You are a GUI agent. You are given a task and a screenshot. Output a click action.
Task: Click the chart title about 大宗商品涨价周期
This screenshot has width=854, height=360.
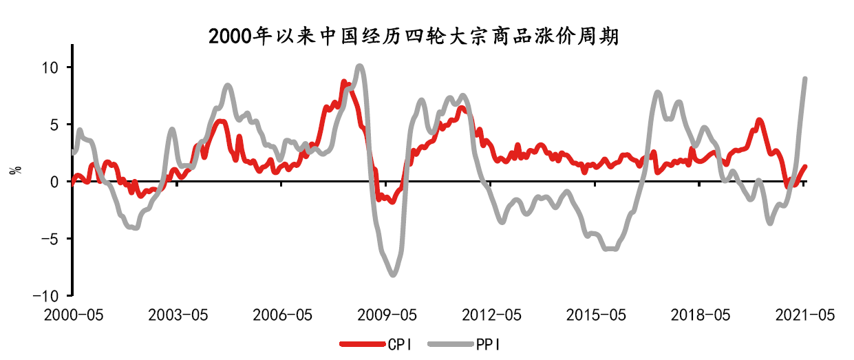point(414,36)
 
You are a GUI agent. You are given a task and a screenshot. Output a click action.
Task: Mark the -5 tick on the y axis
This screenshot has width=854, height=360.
point(53,239)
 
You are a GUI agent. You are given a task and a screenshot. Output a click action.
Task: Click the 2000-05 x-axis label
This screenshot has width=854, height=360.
point(72,315)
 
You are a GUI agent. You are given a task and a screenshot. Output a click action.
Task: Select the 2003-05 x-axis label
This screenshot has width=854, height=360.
point(178,315)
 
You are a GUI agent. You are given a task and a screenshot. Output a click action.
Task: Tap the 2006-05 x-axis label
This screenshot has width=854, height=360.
point(282,315)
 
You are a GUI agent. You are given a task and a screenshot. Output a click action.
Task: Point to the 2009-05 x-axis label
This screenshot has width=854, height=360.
point(387,315)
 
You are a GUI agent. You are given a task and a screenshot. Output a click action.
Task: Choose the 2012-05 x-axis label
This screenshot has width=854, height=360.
point(491,315)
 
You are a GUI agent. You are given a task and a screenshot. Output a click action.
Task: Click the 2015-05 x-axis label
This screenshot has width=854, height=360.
point(596,315)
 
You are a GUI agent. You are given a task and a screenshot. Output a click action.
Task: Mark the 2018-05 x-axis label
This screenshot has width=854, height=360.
point(700,315)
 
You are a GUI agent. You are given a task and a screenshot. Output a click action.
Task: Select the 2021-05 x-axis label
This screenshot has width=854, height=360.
point(804,315)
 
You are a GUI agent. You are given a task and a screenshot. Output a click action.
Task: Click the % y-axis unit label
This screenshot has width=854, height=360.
point(15,169)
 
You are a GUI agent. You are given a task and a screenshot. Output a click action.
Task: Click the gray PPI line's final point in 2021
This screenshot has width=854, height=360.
point(805,78)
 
